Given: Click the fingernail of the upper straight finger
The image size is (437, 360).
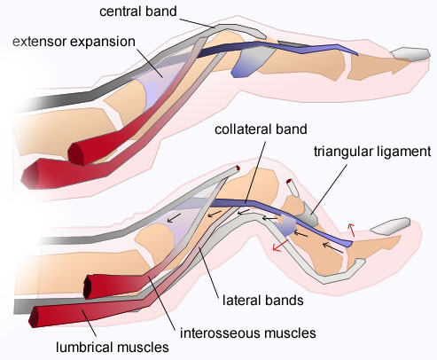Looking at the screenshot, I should pyautogui.click(x=410, y=57).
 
